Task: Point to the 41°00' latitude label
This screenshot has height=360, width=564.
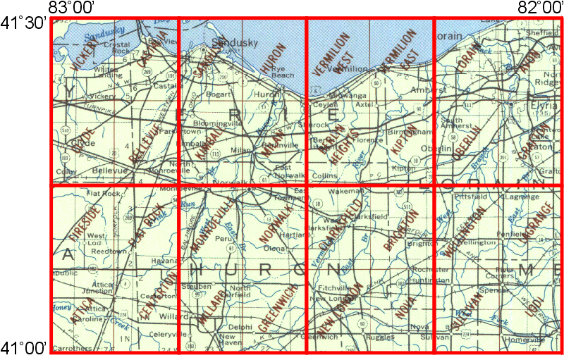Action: coord(23,347)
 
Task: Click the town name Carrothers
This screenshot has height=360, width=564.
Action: coord(73,348)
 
